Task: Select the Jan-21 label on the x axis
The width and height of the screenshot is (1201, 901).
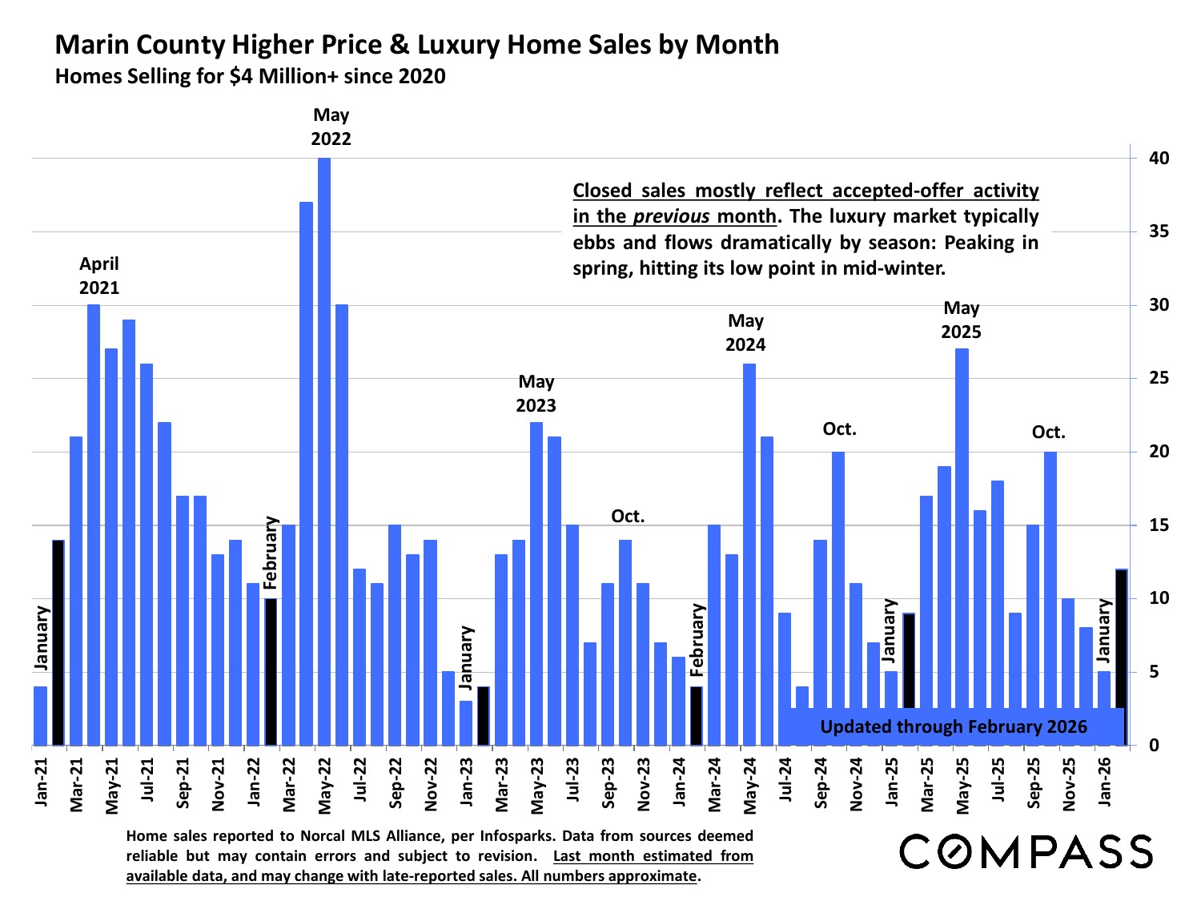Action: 41,782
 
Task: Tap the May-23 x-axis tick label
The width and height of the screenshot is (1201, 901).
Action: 537,784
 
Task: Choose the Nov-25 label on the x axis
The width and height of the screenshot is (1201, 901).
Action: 1069,784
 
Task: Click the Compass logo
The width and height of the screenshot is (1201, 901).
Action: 1026,851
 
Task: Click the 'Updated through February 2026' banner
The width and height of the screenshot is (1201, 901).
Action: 954,727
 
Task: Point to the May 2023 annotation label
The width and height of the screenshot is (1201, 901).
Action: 536,393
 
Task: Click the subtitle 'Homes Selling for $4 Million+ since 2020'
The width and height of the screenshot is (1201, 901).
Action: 250,77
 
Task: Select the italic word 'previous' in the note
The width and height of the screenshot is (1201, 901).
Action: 671,216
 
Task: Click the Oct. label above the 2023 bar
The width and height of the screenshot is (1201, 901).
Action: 628,517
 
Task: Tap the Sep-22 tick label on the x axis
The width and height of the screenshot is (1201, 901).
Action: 396,784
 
